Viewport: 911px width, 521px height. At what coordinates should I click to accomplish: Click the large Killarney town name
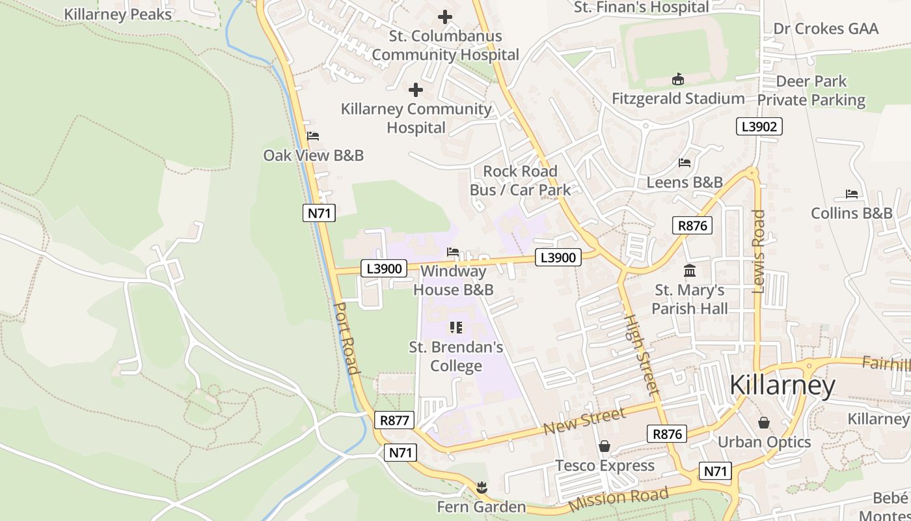782,386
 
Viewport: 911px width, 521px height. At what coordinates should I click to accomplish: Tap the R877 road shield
395,420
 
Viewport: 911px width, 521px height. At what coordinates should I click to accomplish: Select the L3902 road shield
759,126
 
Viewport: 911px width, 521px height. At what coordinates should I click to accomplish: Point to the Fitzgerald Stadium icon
678,79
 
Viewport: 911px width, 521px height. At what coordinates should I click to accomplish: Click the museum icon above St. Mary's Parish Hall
690,270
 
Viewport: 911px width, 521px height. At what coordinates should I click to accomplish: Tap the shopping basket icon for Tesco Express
605,446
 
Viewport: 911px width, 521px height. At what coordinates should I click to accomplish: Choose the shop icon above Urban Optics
764,423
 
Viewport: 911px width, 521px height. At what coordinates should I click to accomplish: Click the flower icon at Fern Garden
482,487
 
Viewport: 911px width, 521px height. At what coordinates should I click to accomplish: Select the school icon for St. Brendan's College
456,328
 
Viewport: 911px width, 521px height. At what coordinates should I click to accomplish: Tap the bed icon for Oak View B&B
313,136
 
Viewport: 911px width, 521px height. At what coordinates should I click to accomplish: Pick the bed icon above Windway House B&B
453,251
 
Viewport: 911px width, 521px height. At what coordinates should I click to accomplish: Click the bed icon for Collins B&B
851,194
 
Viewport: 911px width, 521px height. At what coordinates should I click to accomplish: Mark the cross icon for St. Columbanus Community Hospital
445,17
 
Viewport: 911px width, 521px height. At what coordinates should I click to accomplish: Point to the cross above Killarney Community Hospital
416,90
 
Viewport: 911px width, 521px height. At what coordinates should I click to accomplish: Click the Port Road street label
346,338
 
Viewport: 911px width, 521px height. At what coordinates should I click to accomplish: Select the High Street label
642,355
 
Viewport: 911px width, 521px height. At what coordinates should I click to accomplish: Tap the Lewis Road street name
759,251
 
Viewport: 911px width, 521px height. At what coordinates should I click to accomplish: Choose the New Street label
584,421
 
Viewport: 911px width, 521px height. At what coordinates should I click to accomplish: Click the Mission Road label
618,499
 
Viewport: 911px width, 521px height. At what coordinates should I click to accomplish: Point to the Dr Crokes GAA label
826,29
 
